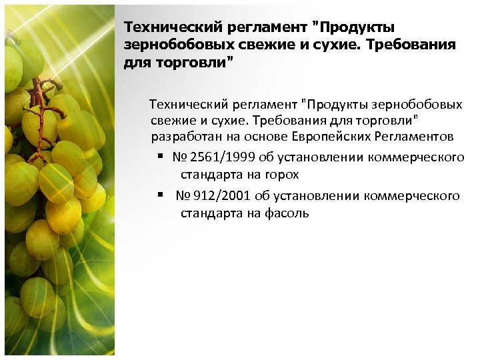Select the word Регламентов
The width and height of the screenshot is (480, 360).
click(x=415, y=136)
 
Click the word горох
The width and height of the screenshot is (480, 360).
click(x=280, y=175)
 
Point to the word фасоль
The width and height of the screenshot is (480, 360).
click(x=287, y=213)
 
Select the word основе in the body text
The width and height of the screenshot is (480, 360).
click(x=270, y=136)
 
